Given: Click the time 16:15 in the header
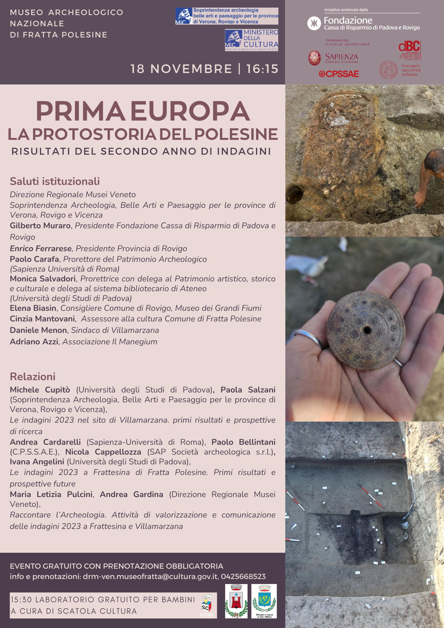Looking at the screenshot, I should pyautogui.click(x=262, y=69).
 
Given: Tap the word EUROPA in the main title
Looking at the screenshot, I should pyautogui.click(x=190, y=111).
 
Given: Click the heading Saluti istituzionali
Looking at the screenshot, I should pyautogui.click(x=55, y=181).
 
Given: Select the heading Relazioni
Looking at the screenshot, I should pyautogui.click(x=33, y=377).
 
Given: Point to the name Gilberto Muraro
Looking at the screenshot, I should pyautogui.click(x=40, y=225).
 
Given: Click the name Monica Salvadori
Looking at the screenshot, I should pyautogui.click(x=43, y=279).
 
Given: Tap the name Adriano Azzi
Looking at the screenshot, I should pyautogui.click(x=34, y=342).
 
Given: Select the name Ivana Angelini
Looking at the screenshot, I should pyautogui.click(x=37, y=462).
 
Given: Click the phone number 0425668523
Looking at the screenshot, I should pyautogui.click(x=243, y=577).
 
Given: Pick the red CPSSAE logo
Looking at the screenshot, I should pyautogui.click(x=339, y=74).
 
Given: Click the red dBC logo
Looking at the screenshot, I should pyautogui.click(x=410, y=50).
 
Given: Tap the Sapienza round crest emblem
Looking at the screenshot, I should pyautogui.click(x=314, y=58).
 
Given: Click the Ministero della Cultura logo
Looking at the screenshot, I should pyautogui.click(x=252, y=40).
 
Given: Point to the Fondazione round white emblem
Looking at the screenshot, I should pyautogui.click(x=314, y=23).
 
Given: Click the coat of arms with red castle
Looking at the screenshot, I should pyautogui.click(x=236, y=601).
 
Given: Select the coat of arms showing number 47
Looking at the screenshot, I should pyautogui.click(x=264, y=601).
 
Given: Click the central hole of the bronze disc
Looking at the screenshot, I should pyautogui.click(x=367, y=331).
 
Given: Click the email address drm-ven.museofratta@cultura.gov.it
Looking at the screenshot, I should pyautogui.click(x=150, y=577).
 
